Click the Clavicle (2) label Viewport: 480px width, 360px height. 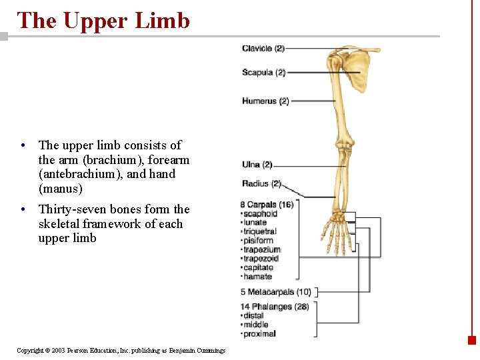point(263,48)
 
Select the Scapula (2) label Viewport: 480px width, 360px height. point(263,73)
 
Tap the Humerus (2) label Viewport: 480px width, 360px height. point(265,101)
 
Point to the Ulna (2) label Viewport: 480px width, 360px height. point(257,165)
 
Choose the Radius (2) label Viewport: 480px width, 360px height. point(261,183)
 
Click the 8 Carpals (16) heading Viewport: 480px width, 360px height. point(267,205)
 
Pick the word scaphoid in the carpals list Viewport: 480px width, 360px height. point(261,214)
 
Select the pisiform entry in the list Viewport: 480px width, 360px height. point(259,241)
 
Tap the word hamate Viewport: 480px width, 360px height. point(258,277)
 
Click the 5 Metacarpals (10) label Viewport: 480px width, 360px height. point(275,292)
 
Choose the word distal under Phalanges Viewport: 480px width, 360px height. point(254,316)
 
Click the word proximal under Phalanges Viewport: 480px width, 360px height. point(260,334)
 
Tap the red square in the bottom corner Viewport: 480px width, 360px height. point(472,339)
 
